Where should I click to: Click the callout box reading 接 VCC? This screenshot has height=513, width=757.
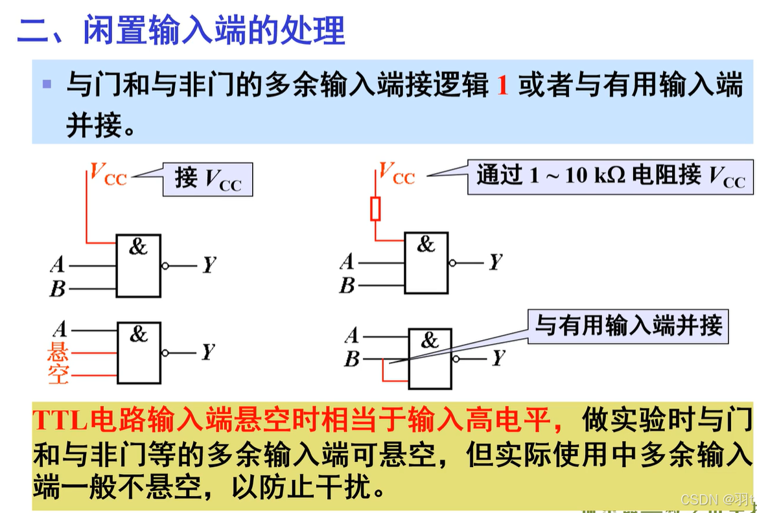pyautogui.click(x=207, y=179)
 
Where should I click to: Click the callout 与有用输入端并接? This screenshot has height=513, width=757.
pyautogui.click(x=628, y=326)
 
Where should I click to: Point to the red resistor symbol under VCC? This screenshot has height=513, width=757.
pyautogui.click(x=375, y=209)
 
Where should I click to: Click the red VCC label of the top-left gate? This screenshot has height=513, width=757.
pyautogui.click(x=108, y=174)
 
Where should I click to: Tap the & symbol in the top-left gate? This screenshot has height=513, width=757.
pyautogui.click(x=138, y=246)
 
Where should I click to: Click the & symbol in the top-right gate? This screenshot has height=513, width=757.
pyautogui.click(x=426, y=244)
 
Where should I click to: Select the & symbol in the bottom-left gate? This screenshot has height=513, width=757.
pyautogui.click(x=139, y=334)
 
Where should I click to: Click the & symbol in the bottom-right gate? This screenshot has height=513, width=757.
pyautogui.click(x=429, y=340)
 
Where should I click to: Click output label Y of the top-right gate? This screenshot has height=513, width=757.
pyautogui.click(x=496, y=262)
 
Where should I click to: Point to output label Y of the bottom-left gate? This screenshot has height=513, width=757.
pyautogui.click(x=207, y=352)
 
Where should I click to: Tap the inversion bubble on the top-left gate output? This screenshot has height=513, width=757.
pyautogui.click(x=165, y=266)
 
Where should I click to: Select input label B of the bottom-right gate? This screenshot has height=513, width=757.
pyautogui.click(x=351, y=358)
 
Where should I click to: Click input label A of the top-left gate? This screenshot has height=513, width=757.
pyautogui.click(x=58, y=264)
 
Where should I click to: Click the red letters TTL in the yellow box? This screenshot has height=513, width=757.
pyautogui.click(x=60, y=420)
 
